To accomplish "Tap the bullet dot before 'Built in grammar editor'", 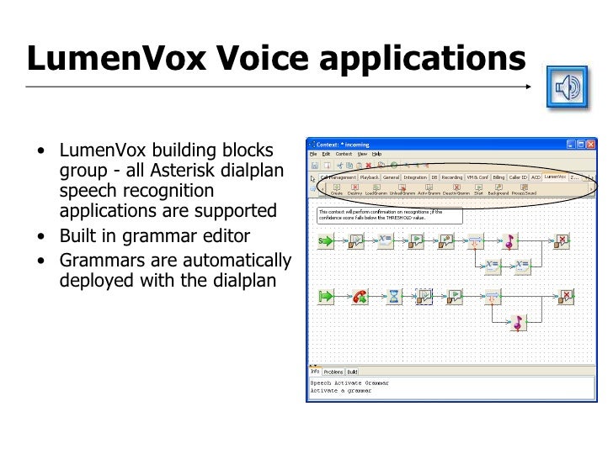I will pyautogui.click(x=42, y=235).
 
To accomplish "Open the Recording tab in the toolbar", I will pyautogui.click(x=452, y=177).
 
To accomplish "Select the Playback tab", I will pyautogui.click(x=370, y=177).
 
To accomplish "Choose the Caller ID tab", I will pyautogui.click(x=516, y=177).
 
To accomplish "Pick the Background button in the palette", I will pyautogui.click(x=498, y=191).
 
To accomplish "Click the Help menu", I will pyautogui.click(x=377, y=154).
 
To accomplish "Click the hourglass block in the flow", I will pyautogui.click(x=393, y=296).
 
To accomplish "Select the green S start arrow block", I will pyautogui.click(x=325, y=241).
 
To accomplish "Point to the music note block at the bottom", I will pyautogui.click(x=518, y=323).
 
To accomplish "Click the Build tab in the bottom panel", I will pyautogui.click(x=353, y=371).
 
